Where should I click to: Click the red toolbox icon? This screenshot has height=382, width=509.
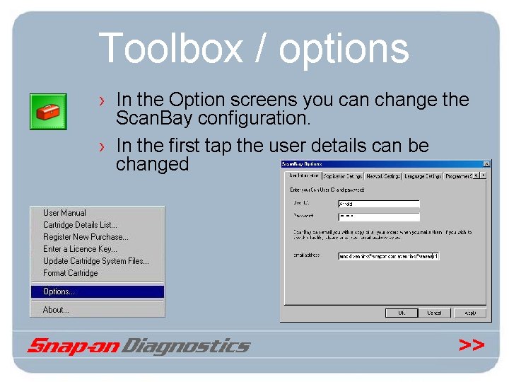click(48, 111)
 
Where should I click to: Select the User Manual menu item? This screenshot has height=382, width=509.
click(64, 213)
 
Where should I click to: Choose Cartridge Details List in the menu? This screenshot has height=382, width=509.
click(80, 225)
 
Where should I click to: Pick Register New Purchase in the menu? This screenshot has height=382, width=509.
click(85, 237)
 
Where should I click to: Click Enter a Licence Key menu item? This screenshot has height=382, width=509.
click(80, 249)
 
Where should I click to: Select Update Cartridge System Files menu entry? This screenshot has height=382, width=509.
click(95, 261)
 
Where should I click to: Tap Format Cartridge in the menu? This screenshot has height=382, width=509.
click(70, 273)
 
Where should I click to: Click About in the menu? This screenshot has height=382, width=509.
click(56, 310)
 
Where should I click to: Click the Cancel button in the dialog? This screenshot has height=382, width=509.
click(434, 313)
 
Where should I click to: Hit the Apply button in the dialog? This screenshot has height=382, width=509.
click(469, 313)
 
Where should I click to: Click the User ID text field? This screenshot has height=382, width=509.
click(378, 204)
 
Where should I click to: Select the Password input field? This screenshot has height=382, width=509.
click(378, 217)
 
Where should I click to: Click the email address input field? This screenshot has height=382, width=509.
click(389, 255)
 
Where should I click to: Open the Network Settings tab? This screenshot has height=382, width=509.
click(384, 176)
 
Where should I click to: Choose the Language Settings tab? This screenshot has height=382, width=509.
click(423, 176)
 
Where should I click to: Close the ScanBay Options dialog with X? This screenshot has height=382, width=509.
click(484, 165)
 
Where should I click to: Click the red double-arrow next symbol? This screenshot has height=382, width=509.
click(472, 345)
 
